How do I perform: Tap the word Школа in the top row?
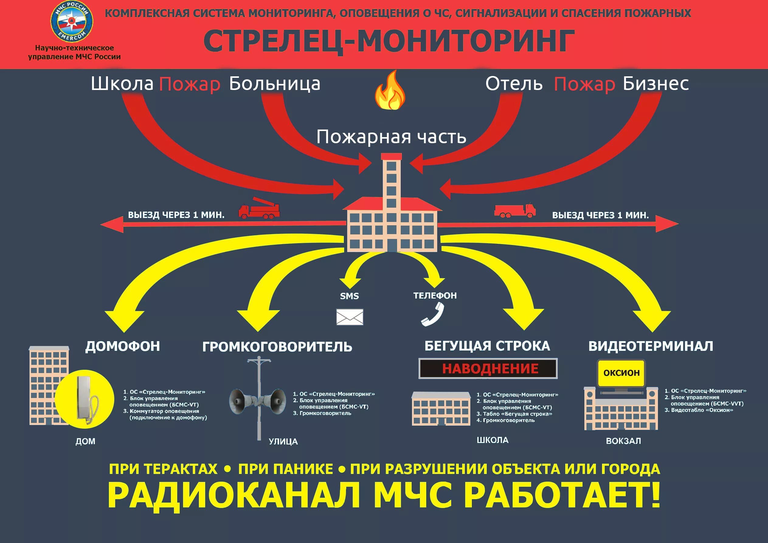click(122, 84)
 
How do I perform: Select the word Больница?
click(275, 84)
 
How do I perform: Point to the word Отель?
click(514, 84)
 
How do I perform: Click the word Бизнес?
click(656, 84)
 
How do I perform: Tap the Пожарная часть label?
click(391, 137)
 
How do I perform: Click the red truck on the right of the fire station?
click(515, 210)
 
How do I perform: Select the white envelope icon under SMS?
click(350, 317)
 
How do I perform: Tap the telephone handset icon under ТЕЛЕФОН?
click(433, 314)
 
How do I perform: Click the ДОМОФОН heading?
click(123, 346)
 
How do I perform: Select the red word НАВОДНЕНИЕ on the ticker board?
click(490, 369)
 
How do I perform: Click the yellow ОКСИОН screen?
click(621, 373)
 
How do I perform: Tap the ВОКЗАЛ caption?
click(624, 441)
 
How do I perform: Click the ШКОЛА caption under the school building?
click(492, 440)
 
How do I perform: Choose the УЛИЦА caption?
click(283, 441)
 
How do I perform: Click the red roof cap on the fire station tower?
click(391, 156)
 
